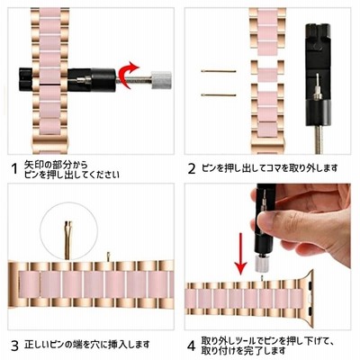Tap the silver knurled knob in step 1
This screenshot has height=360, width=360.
point(161,80)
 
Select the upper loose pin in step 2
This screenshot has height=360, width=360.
point(219,71)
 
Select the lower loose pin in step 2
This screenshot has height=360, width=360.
point(219,95)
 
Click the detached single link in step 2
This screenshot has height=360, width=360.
point(267,72)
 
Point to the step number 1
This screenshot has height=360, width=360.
point(14,169)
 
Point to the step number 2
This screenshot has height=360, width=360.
point(192,169)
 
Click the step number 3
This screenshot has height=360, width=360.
point(14,346)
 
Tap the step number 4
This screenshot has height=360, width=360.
point(192,346)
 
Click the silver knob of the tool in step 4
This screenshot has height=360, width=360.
point(263,263)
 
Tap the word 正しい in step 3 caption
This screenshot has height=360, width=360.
point(37,344)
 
